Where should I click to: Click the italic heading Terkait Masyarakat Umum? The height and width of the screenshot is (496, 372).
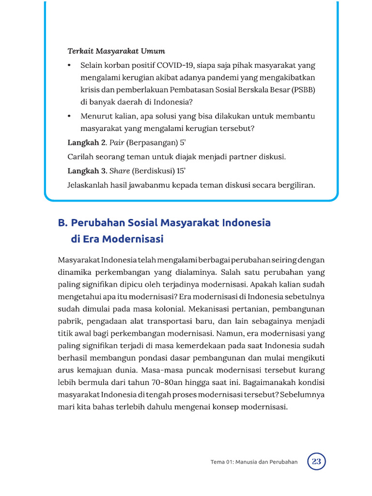[x=116, y=51]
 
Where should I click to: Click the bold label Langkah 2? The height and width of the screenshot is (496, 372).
[x=86, y=142]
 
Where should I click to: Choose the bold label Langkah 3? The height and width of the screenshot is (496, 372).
[x=86, y=170]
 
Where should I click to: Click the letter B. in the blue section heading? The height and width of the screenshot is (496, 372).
[x=62, y=223]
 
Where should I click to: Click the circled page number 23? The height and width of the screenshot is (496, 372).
[x=317, y=461]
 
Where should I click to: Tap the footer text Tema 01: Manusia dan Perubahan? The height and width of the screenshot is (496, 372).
[x=254, y=462]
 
